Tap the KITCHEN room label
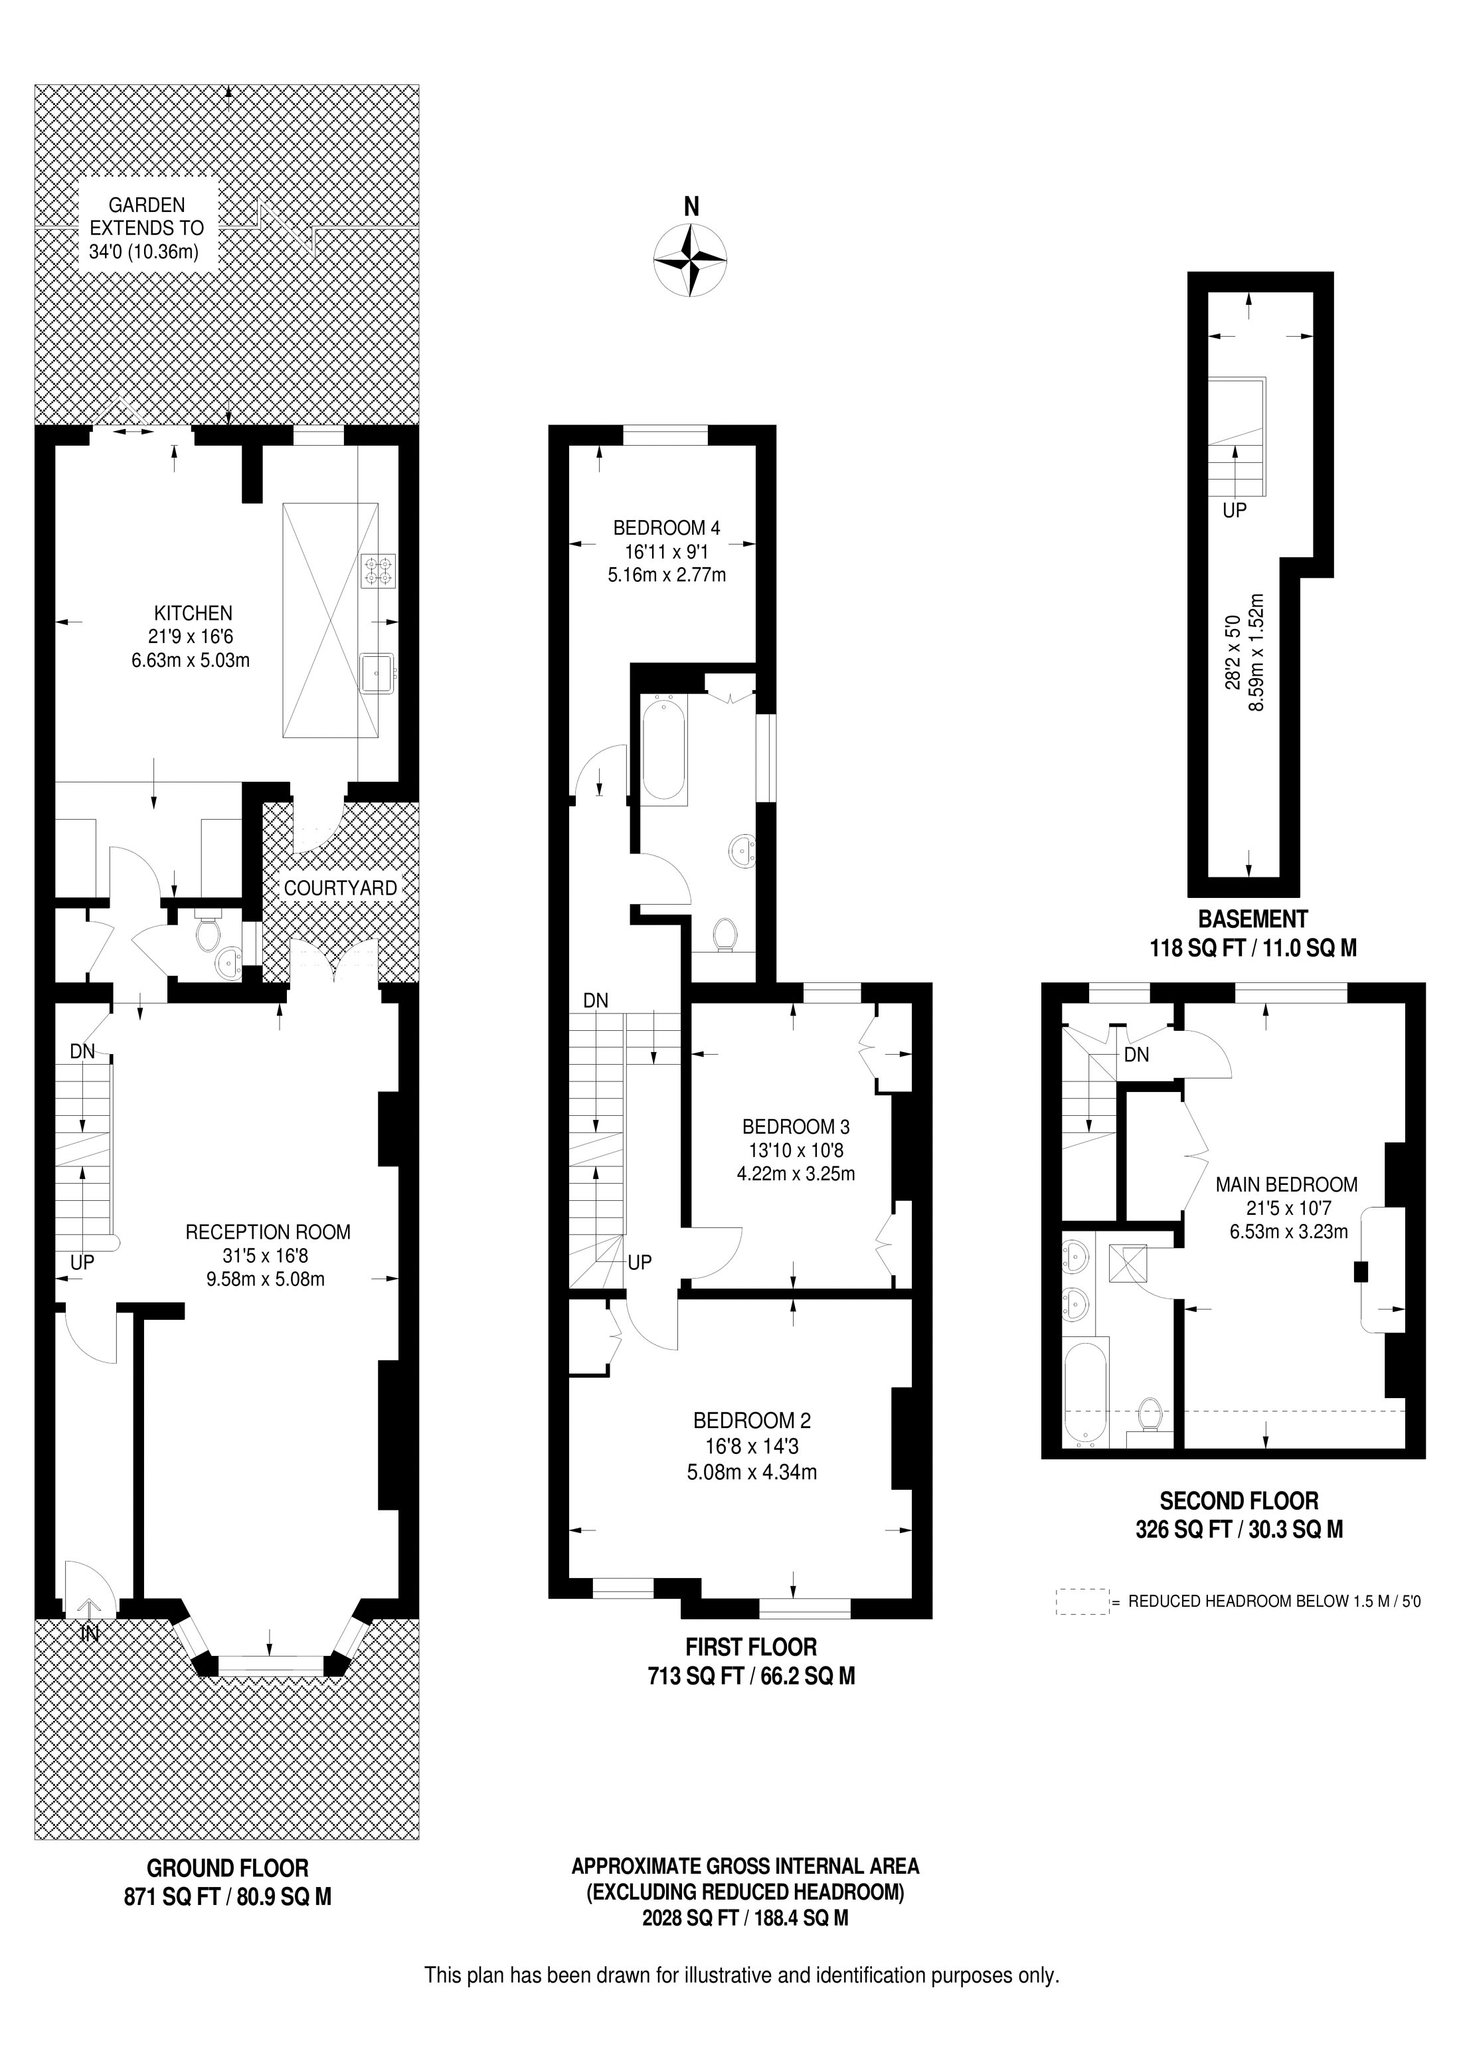[193, 613]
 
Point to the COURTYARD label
[340, 887]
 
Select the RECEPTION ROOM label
[268, 1231]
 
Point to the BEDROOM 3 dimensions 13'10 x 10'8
[796, 1150]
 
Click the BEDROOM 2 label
[752, 1421]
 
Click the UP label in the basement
[1234, 511]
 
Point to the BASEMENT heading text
[1252, 919]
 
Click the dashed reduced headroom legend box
[1082, 1601]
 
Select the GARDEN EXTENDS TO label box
[147, 228]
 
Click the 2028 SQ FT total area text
[745, 1918]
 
